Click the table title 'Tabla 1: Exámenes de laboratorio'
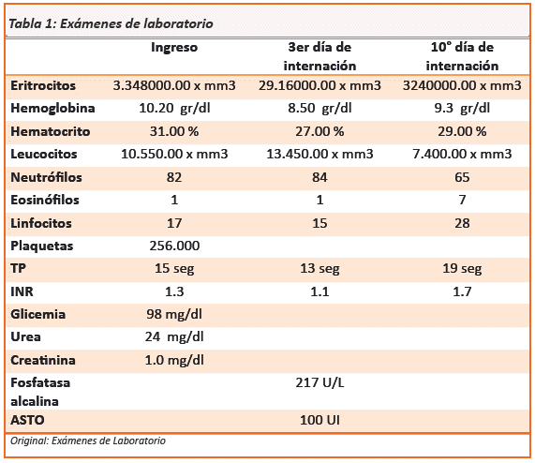click(x=111, y=23)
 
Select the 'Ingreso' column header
click(x=174, y=47)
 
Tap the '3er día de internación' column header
click(x=320, y=56)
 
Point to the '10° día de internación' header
click(x=462, y=56)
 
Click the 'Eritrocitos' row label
click(x=43, y=85)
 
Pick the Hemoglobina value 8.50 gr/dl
click(x=320, y=108)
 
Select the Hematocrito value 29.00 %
click(x=462, y=131)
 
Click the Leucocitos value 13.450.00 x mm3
click(x=320, y=154)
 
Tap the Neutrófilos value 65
click(x=462, y=177)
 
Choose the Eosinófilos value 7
click(x=462, y=200)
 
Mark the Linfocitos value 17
click(x=174, y=223)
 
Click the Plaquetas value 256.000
click(x=174, y=246)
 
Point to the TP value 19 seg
click(x=462, y=268)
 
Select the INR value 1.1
click(x=320, y=291)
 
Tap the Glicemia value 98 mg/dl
click(x=174, y=314)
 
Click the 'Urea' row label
click(x=25, y=336)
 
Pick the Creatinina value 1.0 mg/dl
click(x=174, y=360)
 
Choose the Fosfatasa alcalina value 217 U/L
click(x=320, y=382)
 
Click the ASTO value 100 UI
click(x=320, y=420)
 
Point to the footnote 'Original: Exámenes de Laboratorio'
click(x=88, y=441)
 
